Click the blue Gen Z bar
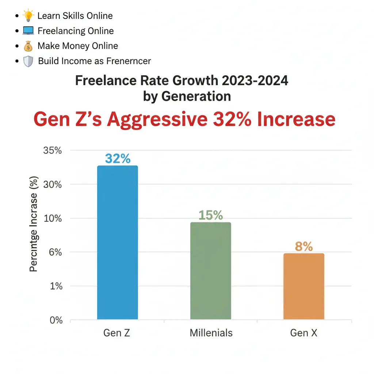click(x=118, y=243)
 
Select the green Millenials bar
click(x=211, y=271)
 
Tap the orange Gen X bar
click(x=304, y=286)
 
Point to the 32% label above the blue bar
click(x=118, y=159)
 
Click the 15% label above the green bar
click(x=211, y=215)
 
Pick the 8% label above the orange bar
click(x=304, y=247)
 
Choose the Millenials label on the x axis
click(x=211, y=333)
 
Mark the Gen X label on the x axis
click(x=304, y=333)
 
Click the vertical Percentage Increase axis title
click(x=34, y=232)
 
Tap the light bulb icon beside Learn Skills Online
click(x=28, y=16)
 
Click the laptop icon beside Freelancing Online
click(x=28, y=31)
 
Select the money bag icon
click(x=28, y=46)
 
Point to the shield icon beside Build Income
click(x=28, y=61)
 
